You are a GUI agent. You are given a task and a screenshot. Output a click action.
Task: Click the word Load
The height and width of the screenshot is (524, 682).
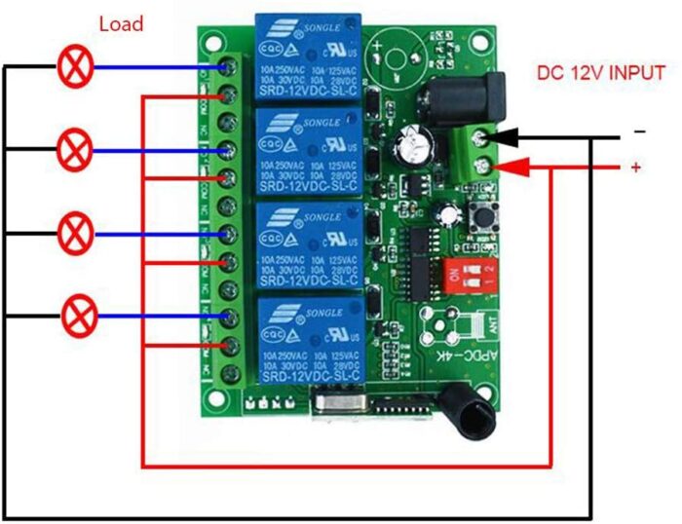[121, 23]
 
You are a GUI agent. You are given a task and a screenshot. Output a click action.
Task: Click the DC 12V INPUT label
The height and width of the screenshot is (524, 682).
[601, 73]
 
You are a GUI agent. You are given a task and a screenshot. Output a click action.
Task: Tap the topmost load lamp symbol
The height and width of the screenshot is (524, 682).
[73, 66]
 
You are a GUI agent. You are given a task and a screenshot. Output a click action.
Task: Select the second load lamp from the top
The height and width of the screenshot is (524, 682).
[74, 150]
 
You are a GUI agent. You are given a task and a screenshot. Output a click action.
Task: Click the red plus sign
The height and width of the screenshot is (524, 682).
[636, 168]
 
